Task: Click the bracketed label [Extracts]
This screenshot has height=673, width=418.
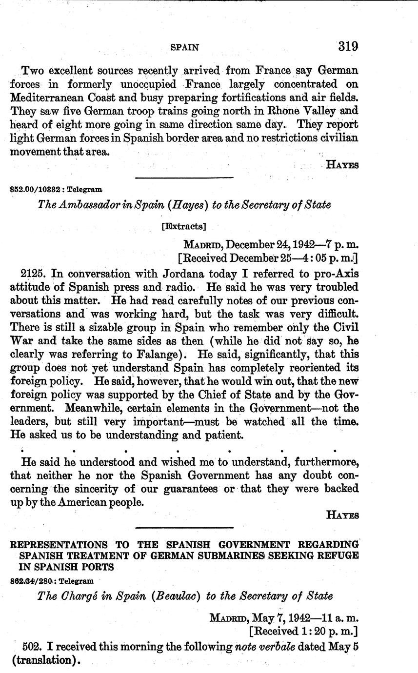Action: pos(183,226)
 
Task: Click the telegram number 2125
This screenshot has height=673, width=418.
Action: pos(34,274)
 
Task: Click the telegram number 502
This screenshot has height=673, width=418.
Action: pos(32,647)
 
